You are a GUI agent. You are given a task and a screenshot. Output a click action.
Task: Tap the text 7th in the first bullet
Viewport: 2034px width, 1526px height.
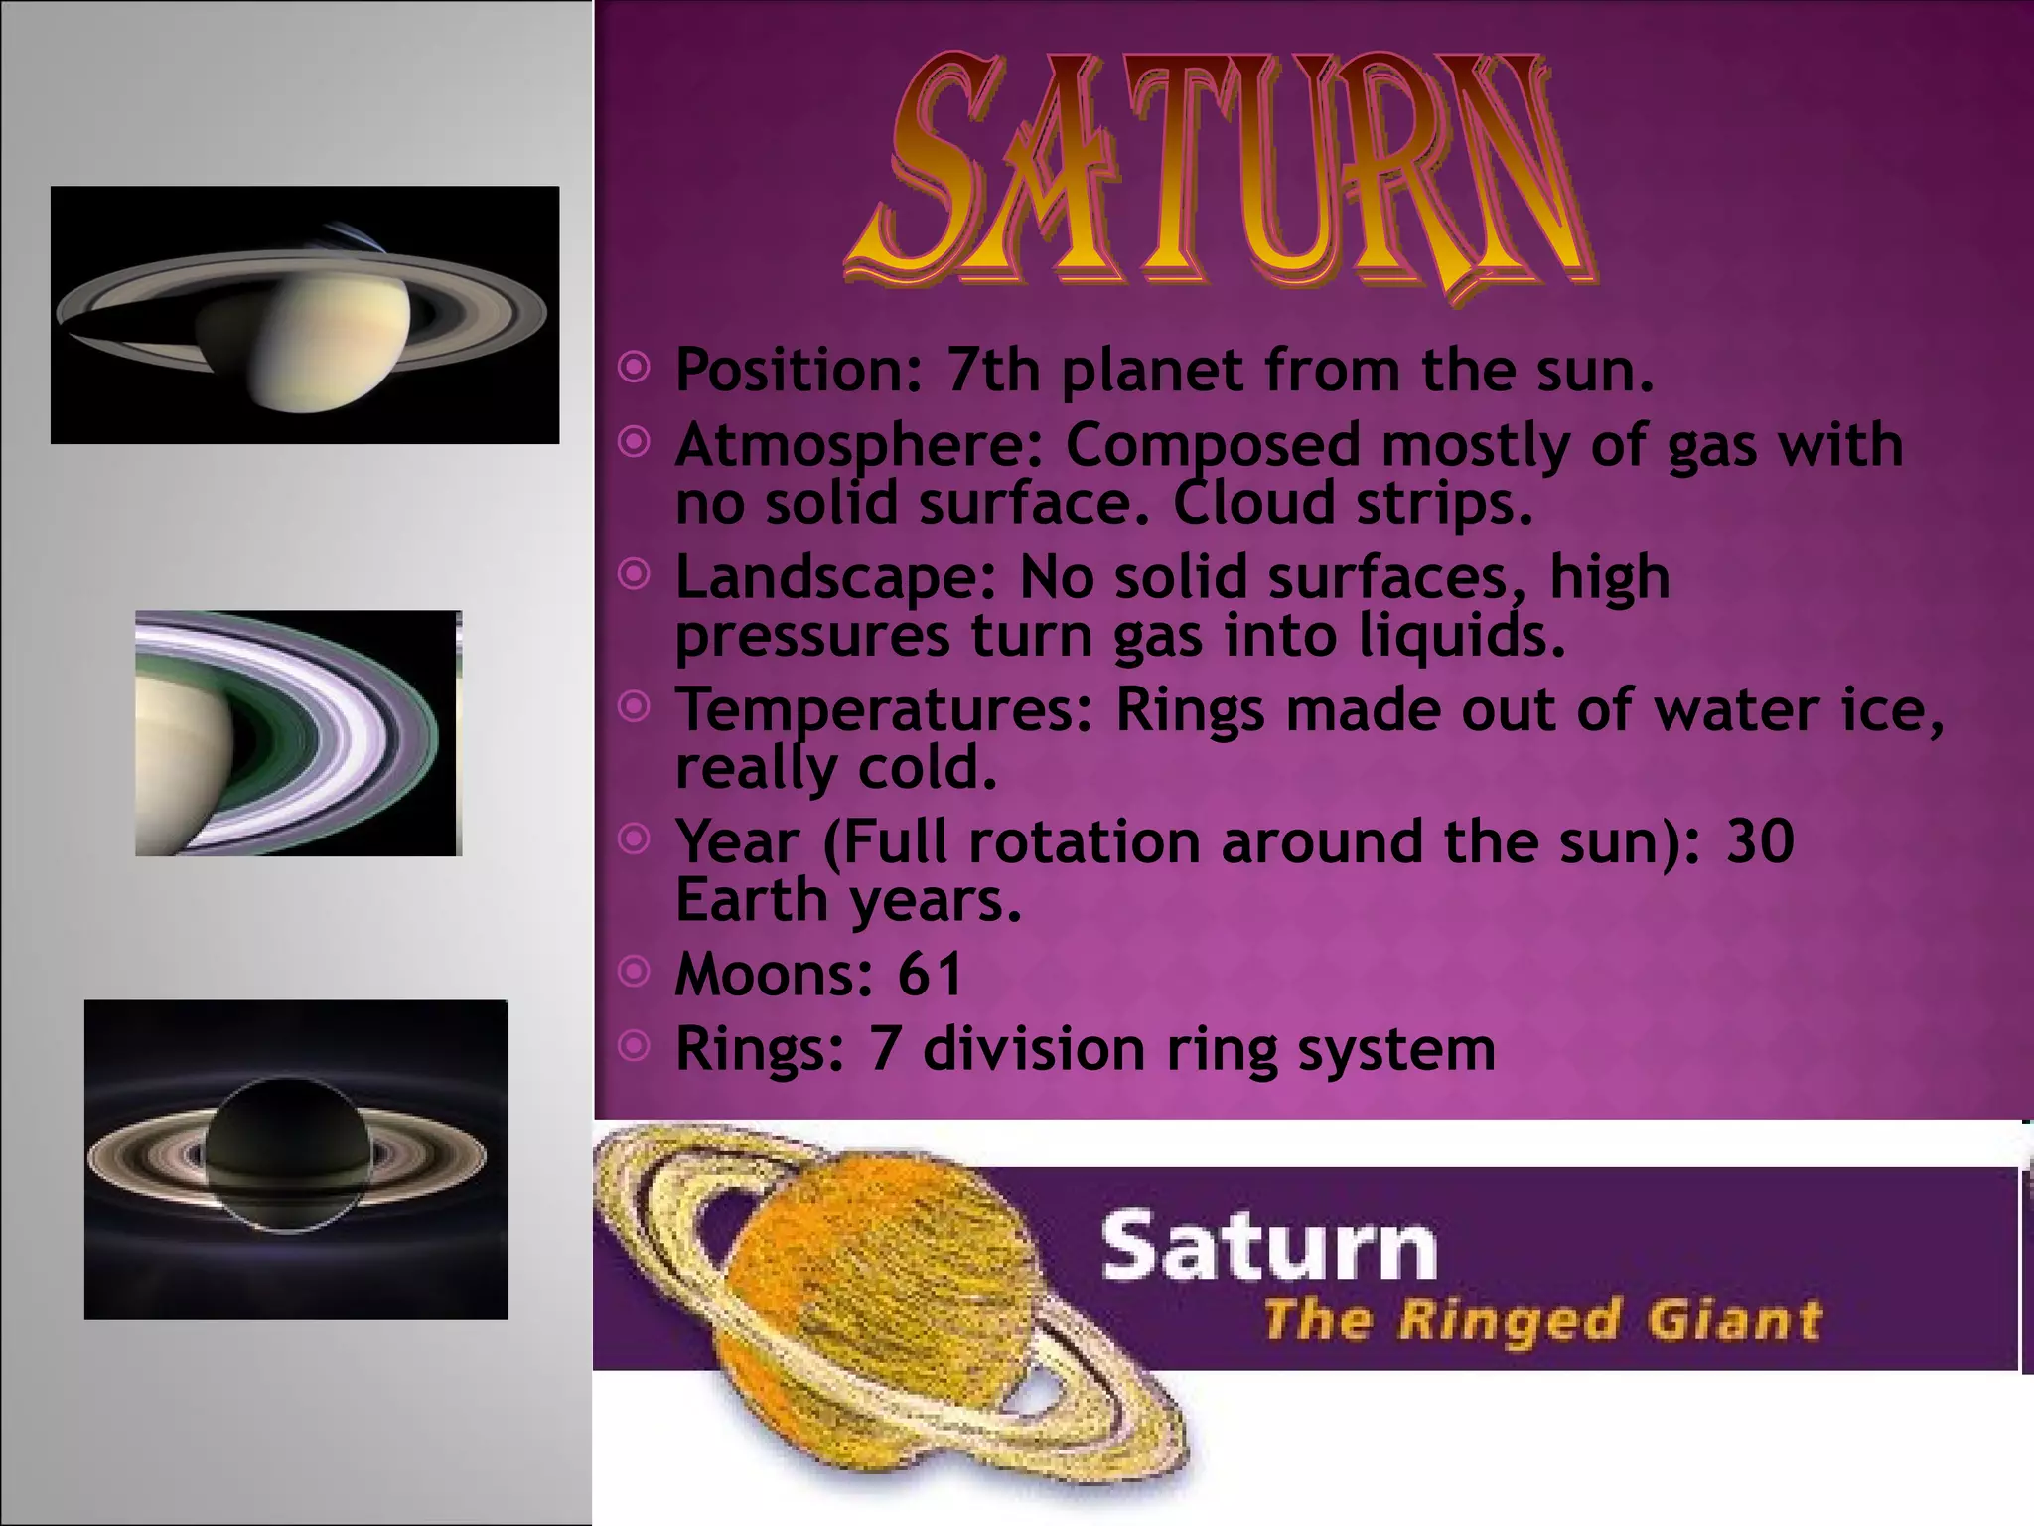click(992, 370)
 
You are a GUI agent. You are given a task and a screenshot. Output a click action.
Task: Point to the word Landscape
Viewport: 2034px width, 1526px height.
click(834, 577)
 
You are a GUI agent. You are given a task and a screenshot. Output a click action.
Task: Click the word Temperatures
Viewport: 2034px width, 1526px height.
click(883, 710)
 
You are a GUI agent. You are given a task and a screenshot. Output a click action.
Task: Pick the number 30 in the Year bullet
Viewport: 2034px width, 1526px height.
click(1760, 841)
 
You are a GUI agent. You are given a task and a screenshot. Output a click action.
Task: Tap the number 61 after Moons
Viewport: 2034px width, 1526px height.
click(930, 974)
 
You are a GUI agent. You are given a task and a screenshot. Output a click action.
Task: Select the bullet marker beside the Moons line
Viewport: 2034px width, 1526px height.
click(634, 971)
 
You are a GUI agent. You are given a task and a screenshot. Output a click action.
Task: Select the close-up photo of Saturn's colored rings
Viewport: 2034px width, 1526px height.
click(298, 733)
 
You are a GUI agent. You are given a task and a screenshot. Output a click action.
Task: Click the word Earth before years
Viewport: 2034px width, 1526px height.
click(751, 900)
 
